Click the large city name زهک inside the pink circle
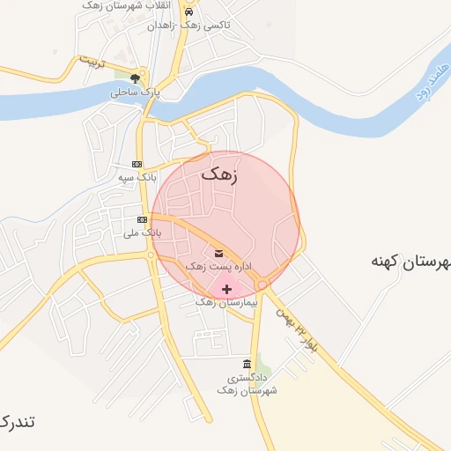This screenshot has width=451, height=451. (220, 174)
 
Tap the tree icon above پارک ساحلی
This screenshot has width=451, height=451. (134, 78)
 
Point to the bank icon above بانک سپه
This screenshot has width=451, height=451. (137, 164)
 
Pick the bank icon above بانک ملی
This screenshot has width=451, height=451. (141, 219)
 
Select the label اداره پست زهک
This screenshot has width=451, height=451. (218, 265)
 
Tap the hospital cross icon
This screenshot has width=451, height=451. (227, 289)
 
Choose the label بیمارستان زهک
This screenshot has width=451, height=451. (218, 301)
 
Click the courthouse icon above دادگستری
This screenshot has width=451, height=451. (246, 365)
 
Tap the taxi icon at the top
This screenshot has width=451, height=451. (189, 13)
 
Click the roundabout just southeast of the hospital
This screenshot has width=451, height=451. (262, 285)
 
